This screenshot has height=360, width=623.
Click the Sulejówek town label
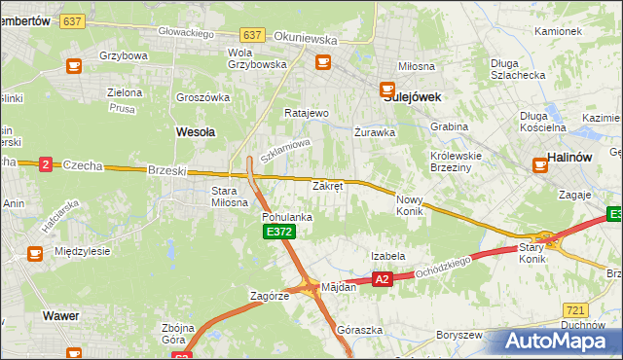pyautogui.click(x=411, y=97)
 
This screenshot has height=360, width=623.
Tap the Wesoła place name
pyautogui.click(x=195, y=129)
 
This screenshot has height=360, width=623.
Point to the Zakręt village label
pyautogui.click(x=326, y=185)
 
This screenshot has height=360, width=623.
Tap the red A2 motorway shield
pyautogui.click(x=382, y=279)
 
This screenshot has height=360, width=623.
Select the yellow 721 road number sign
pyautogui.click(x=574, y=308)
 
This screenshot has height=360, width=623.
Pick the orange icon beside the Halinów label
pyautogui.click(x=540, y=165)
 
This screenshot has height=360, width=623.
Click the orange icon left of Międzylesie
pyautogui.click(x=35, y=253)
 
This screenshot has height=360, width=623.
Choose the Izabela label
pyautogui.click(x=386, y=256)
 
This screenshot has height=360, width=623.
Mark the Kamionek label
pyautogui.click(x=558, y=31)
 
